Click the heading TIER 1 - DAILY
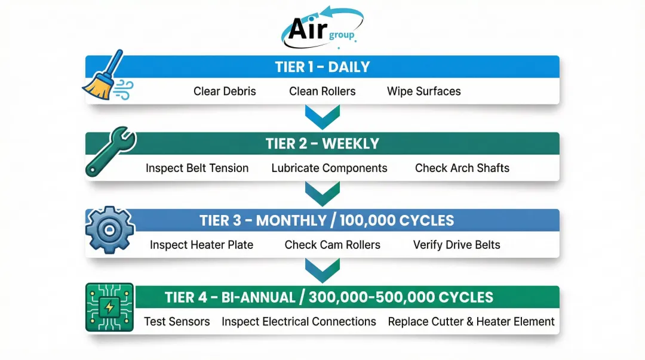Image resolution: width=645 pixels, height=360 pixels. pos(322,67)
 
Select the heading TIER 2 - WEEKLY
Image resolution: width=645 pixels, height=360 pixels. pos(322,144)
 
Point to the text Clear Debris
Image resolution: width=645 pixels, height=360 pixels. pos(225,91)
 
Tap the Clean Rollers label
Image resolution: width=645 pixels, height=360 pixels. pos(322,91)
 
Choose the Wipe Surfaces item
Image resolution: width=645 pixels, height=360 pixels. pos(423,91)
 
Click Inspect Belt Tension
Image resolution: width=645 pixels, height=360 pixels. pos(197,168)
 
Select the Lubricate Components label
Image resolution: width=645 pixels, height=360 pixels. pos(329,168)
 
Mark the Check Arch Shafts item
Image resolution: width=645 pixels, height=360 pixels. pos(462,168)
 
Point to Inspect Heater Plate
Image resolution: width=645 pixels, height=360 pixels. pos(201,245)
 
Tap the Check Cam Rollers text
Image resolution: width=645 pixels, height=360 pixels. pos(332,245)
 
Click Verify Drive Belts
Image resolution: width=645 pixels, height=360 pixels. pos(456,245)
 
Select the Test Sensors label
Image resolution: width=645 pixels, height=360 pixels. pos(177,322)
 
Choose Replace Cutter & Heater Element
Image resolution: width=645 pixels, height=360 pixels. pos(471,322)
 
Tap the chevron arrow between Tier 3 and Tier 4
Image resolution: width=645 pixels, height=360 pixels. pos(322,270)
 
